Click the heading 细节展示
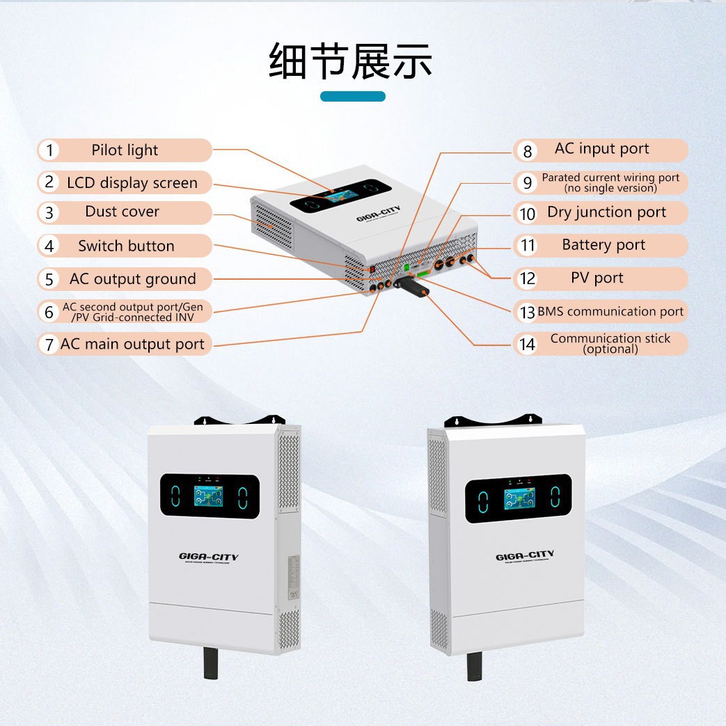(x=351, y=61)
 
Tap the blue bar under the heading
(x=352, y=96)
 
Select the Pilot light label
(x=125, y=150)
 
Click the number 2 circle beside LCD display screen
(x=49, y=182)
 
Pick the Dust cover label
(x=123, y=212)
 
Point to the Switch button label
(x=126, y=246)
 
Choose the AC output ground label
(x=132, y=279)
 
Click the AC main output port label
(x=132, y=344)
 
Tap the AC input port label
(x=601, y=149)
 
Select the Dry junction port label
(x=606, y=212)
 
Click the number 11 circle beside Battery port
(x=528, y=246)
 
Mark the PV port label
(x=597, y=278)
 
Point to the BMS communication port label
(x=610, y=312)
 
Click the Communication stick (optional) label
(x=610, y=343)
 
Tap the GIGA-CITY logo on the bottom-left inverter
(x=208, y=557)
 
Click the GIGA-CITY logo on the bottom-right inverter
(x=525, y=555)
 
